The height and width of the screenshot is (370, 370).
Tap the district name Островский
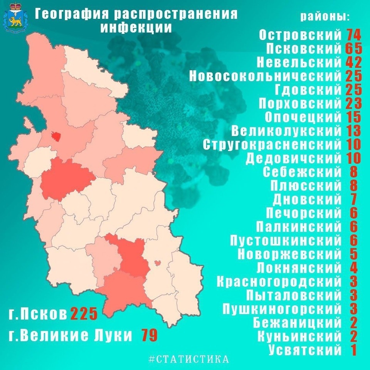coord(300,35)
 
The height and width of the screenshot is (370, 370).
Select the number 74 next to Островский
coord(353,35)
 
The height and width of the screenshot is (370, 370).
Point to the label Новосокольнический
coord(265,76)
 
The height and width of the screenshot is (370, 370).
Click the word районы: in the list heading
coord(325,17)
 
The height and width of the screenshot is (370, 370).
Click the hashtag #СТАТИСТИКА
coord(188,359)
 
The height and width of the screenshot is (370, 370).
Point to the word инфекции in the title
coord(136,28)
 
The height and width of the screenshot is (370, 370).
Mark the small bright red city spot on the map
coord(56,136)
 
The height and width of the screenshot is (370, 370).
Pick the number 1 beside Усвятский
coord(353,350)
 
